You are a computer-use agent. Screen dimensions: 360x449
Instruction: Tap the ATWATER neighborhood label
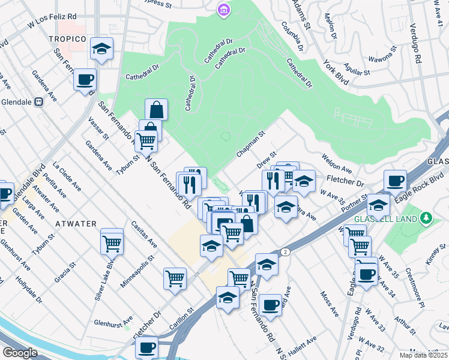(x=76, y=224)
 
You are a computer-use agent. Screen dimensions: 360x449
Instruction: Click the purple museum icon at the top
(x=223, y=10)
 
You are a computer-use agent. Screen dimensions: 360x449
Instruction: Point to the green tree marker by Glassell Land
(x=426, y=217)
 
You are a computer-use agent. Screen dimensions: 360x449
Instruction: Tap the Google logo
(x=20, y=353)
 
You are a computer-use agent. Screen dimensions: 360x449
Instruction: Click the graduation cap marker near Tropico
(x=102, y=49)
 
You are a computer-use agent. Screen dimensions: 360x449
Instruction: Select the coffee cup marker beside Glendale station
(x=85, y=79)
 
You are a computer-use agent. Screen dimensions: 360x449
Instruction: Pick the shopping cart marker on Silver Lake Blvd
(x=112, y=244)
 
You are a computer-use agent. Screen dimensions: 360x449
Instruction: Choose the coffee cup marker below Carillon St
(x=146, y=347)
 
